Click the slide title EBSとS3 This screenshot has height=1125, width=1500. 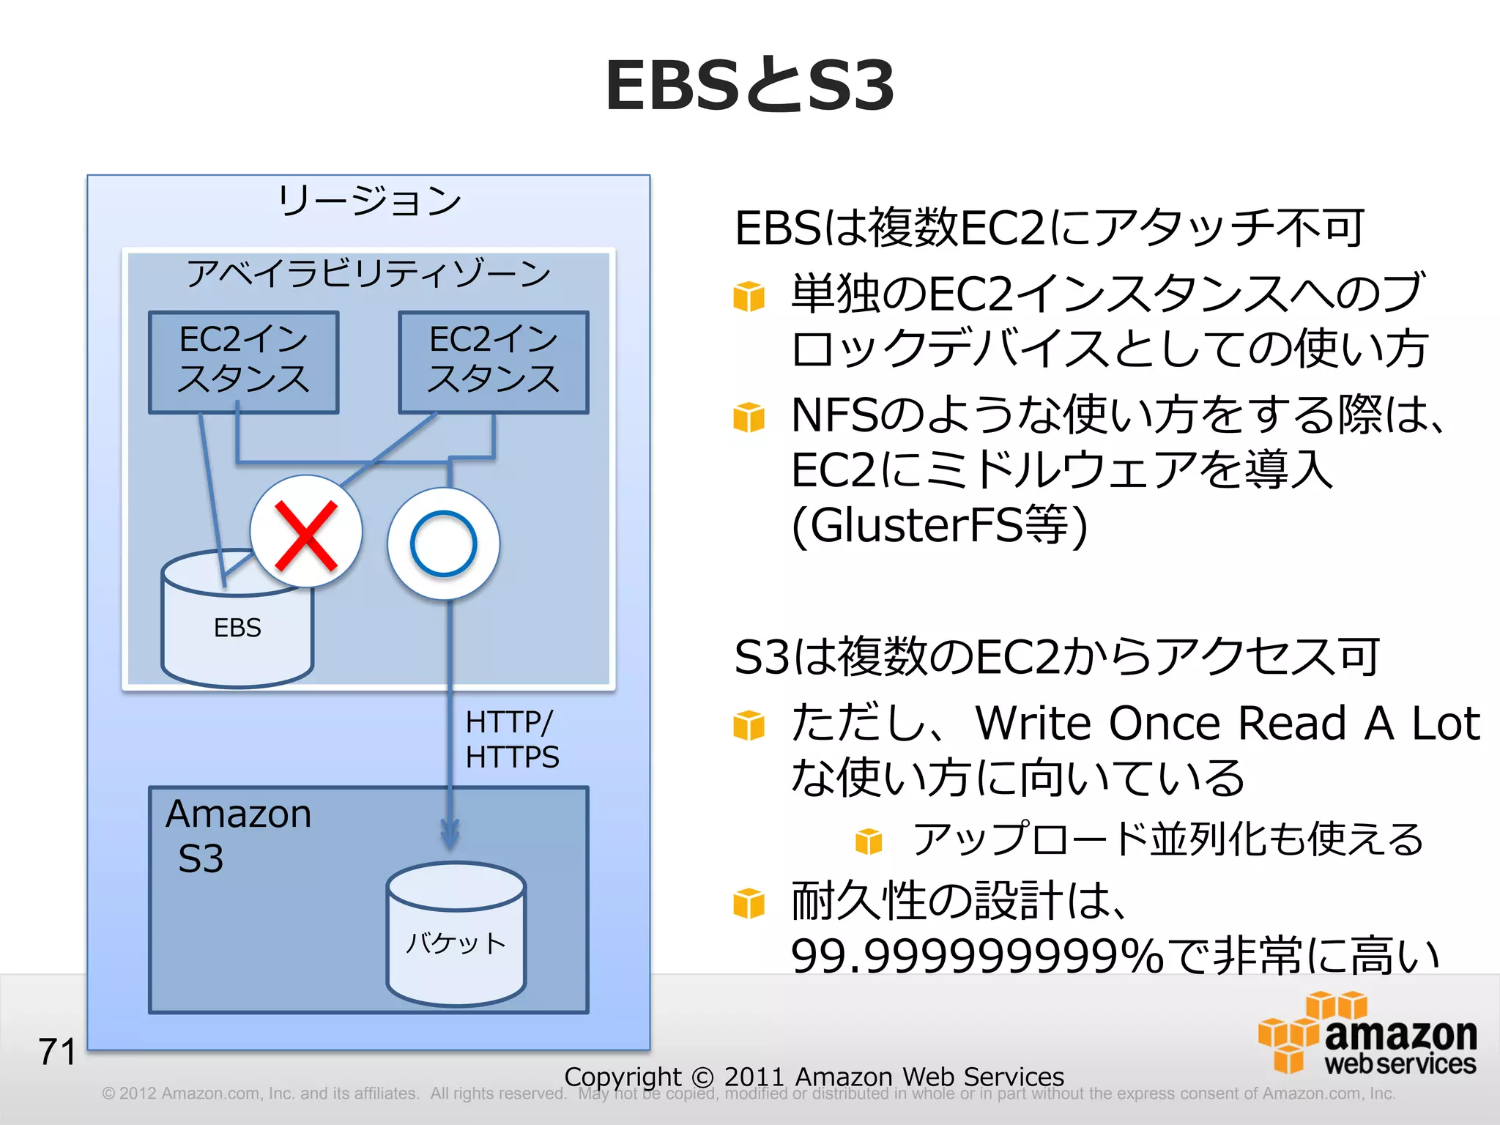749,86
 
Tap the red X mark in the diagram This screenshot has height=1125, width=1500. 306,535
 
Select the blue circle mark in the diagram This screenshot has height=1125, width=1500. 444,543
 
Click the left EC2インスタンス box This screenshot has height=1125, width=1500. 243,362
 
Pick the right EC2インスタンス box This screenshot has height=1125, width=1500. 494,362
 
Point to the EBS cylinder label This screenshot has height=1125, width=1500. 237,628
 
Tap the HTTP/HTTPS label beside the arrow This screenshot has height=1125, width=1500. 511,739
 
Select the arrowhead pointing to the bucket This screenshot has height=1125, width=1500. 450,835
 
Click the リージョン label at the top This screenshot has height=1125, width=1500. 369,200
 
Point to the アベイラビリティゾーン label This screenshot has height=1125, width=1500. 368,273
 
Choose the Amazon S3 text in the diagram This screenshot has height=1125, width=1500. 238,835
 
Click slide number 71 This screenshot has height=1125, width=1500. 57,1052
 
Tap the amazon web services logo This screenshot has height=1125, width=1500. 1368,1034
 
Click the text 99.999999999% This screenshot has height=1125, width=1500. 977,956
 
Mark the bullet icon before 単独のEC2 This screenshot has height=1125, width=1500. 749,297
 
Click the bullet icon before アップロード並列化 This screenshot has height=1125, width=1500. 869,841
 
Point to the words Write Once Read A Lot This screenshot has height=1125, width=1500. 1228,724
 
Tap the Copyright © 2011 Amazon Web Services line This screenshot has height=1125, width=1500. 814,1076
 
